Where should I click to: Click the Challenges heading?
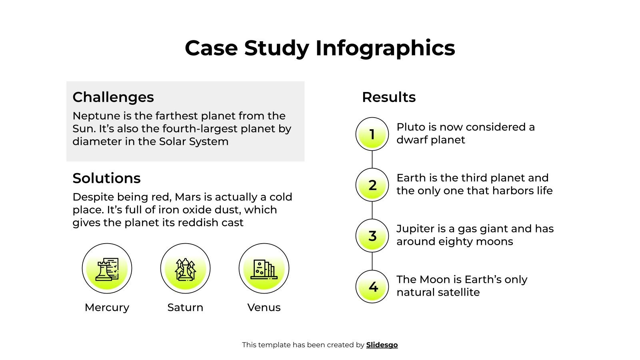(x=113, y=97)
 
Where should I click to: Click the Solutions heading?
(x=106, y=178)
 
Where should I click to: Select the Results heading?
(x=389, y=97)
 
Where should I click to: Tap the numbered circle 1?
(x=372, y=134)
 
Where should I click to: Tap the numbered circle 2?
(x=372, y=185)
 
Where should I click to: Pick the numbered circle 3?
(x=372, y=236)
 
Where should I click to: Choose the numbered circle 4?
(x=372, y=286)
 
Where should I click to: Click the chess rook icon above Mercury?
(x=107, y=268)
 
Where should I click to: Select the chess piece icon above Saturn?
(x=185, y=268)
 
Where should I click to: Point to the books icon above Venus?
(x=264, y=268)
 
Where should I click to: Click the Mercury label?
(x=107, y=308)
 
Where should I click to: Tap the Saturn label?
(x=185, y=308)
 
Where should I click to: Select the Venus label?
(x=264, y=308)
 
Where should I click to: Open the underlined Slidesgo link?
(x=382, y=345)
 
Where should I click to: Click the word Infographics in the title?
(x=385, y=48)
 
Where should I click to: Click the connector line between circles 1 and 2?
(x=372, y=159)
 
